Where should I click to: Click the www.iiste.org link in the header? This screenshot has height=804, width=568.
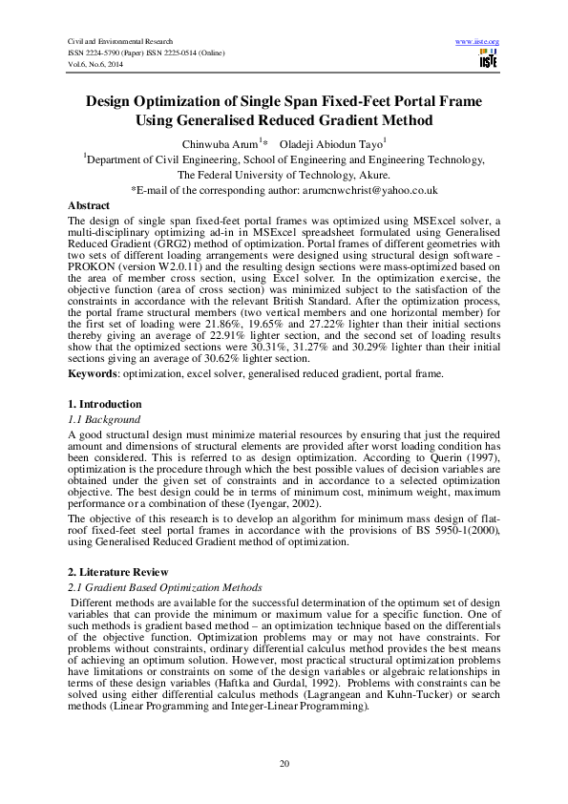[x=479, y=42]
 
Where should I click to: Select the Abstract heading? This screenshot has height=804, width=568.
[x=89, y=206]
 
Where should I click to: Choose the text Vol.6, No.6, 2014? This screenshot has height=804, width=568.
[x=96, y=65]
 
